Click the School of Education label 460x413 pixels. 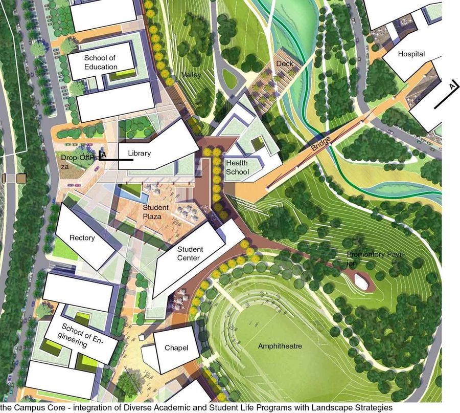pos(101,62)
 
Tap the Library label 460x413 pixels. pos(140,153)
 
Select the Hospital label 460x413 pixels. pos(411,54)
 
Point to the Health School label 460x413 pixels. pos(237,167)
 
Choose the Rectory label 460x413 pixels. pos(82,238)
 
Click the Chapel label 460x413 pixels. pos(176,348)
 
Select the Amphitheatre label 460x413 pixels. pos(280,346)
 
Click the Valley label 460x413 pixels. pos(191,75)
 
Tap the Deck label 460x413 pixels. pos(284,63)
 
